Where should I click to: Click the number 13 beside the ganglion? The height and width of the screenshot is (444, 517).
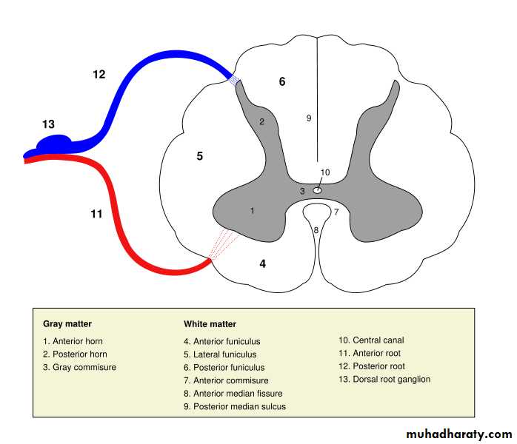pos(49,124)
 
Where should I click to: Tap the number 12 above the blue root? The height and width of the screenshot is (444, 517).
pos(99,74)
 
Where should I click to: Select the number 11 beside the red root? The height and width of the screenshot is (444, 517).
pos(96,214)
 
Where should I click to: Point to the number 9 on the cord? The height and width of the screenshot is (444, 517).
pos(309,118)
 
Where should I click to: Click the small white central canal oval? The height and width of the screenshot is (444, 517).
pos(317,189)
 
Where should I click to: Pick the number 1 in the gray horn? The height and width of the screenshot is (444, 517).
pos(253,211)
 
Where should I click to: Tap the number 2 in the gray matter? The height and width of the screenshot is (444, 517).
pos(261,121)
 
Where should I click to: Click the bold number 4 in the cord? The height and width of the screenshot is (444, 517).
pos(262,263)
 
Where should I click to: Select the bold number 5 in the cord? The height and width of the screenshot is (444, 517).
pos(199,156)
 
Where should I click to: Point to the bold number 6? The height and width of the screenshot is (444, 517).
pos(281,81)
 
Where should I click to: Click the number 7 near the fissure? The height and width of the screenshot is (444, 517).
pos(336,212)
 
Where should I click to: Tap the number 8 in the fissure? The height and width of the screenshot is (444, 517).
pos(316,230)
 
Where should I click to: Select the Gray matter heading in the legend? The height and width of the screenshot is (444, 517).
pos(67,324)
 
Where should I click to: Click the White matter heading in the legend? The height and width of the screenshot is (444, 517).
pos(210,324)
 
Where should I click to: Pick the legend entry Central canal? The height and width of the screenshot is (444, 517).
pos(371,340)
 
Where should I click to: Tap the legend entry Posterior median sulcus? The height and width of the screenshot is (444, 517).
pos(234,406)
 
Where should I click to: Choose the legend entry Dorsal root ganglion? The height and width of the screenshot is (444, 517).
pos(384,380)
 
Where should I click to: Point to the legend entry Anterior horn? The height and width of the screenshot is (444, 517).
pos(73,341)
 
